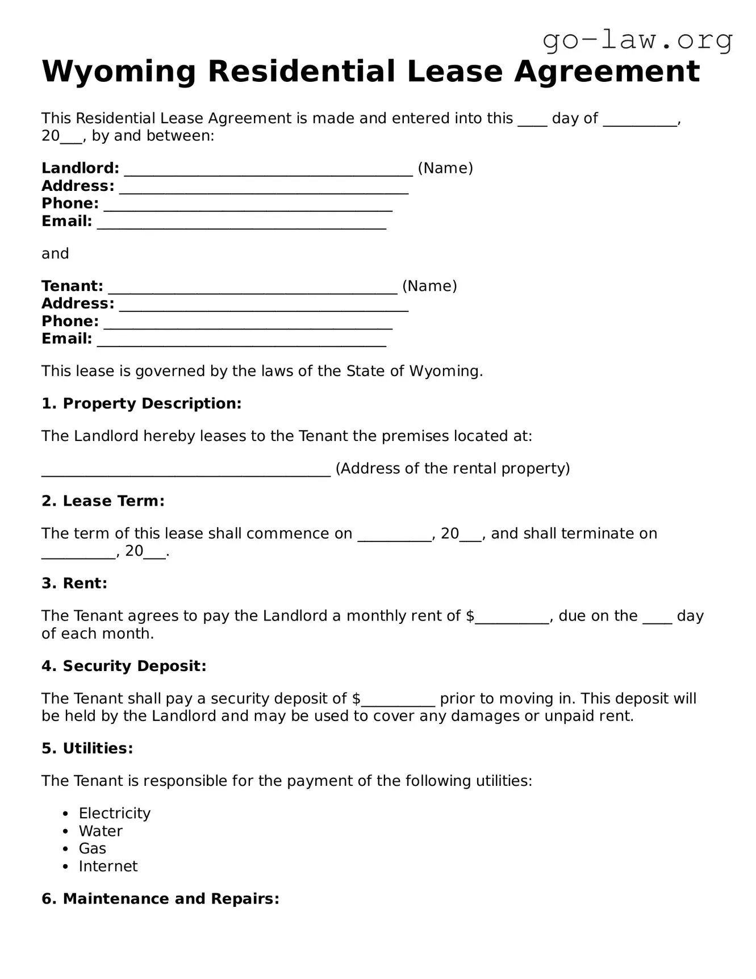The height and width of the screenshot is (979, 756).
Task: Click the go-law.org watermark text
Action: [637, 40]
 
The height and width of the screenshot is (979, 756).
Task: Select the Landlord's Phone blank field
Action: [248, 205]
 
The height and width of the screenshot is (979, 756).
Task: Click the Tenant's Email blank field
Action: [241, 340]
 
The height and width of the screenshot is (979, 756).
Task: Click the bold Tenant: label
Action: [72, 286]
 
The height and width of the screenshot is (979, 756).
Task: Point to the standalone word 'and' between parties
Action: [55, 253]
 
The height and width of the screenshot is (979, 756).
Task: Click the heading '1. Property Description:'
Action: [141, 403]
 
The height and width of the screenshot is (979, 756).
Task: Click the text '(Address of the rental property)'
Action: [453, 469]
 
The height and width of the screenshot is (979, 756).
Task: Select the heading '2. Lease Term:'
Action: [103, 501]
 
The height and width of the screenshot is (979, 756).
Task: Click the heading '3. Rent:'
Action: [74, 584]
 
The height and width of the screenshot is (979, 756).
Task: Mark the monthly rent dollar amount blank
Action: [512, 618]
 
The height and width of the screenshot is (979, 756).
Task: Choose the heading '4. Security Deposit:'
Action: [124, 666]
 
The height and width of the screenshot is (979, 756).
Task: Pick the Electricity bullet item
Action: [115, 814]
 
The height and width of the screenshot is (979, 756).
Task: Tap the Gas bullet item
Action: [93, 849]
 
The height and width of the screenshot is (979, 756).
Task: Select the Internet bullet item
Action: [108, 866]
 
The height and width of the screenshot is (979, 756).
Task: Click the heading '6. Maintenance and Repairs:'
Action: [160, 899]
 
